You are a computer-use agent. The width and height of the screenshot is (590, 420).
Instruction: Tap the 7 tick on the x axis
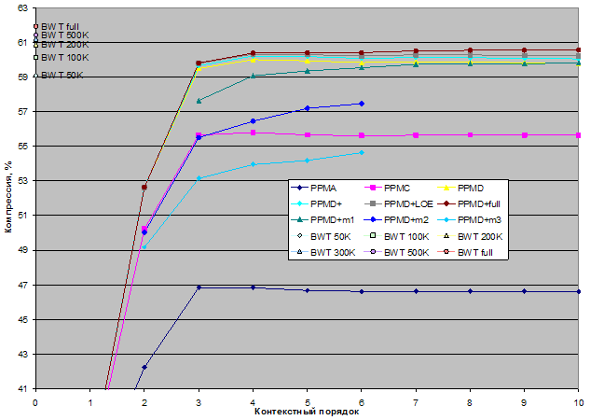416,401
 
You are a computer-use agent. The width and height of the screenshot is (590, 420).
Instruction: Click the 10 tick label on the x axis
578,401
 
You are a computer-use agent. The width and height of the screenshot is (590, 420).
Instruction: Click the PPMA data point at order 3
199,287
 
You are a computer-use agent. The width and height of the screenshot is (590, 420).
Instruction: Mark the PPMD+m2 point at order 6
362,104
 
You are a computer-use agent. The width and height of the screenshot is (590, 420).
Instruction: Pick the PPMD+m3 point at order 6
362,152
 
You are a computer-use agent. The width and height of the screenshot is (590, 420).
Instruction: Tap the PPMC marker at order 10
579,135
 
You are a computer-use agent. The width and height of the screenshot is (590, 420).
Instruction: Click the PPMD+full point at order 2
144,187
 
